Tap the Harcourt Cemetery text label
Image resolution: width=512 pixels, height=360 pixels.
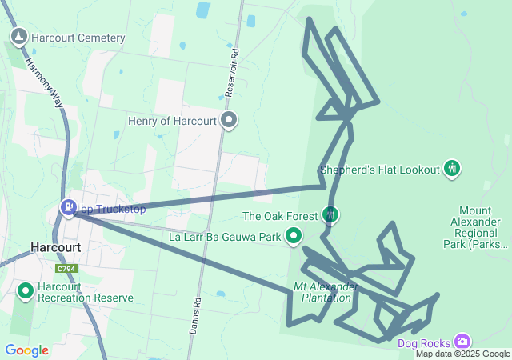pos(78,38)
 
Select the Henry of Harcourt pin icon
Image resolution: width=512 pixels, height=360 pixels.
pos(230,120)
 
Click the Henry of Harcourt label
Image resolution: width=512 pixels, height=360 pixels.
pos(172,121)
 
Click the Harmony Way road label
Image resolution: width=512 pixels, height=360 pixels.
pos(44,81)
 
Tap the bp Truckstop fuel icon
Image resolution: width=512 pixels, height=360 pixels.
pos(69,208)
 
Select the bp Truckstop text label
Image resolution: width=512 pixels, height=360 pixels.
pos(112,210)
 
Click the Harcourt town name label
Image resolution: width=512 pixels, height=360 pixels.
pos(55,247)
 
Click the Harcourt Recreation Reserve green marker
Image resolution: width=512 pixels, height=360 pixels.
pos(25,292)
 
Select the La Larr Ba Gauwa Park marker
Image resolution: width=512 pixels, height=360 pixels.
pos(294,236)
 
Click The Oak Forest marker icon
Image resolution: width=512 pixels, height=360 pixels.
pos(330,214)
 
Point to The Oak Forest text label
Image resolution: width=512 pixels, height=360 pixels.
pos(280,216)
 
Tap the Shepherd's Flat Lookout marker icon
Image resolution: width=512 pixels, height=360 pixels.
pos(452,169)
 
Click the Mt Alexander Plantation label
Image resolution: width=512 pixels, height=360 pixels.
pos(326,292)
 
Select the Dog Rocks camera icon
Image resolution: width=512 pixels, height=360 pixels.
pos(462,341)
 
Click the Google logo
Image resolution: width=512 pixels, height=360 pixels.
pos(27,350)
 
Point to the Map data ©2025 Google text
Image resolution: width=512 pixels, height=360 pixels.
pos(462,354)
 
